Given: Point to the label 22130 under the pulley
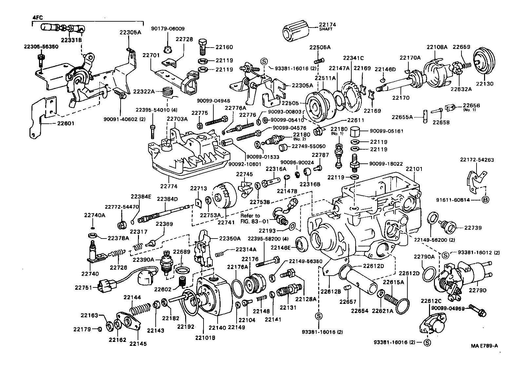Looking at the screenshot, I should [x=484, y=84].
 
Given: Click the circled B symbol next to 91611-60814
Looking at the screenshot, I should [x=486, y=199].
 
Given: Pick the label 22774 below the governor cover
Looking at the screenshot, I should [x=169, y=186].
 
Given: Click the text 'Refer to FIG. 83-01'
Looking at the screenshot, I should [x=250, y=219].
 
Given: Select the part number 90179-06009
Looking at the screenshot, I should [x=168, y=29].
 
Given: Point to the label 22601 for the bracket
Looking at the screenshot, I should [x=48, y=124].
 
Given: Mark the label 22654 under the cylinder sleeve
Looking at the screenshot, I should [x=359, y=310].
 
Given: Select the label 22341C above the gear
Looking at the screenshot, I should [x=353, y=58].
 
